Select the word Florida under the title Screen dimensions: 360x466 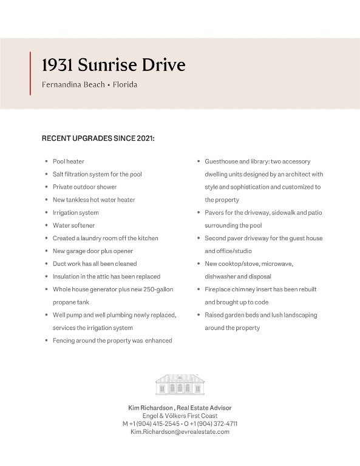point(125,85)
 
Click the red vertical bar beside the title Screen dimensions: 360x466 point(30,73)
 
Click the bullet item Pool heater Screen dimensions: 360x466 point(68,161)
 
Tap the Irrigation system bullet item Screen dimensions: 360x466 point(75,212)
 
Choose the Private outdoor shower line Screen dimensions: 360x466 point(84,187)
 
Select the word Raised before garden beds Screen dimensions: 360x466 point(215,315)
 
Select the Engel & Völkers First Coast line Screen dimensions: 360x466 point(180,416)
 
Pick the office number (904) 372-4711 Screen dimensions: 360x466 point(217,424)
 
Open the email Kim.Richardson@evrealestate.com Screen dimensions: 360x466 point(180,431)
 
